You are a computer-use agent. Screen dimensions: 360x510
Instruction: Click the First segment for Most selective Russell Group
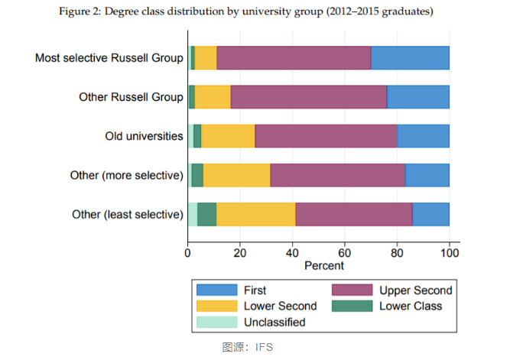pyautogui.click(x=410, y=58)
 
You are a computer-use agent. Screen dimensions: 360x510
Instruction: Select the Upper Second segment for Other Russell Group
pyautogui.click(x=308, y=97)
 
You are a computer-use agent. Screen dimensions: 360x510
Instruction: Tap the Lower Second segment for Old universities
pyautogui.click(x=228, y=136)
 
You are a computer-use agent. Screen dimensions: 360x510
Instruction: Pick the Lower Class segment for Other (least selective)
pyautogui.click(x=206, y=214)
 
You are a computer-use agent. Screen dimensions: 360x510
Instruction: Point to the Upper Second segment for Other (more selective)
pyautogui.click(x=337, y=175)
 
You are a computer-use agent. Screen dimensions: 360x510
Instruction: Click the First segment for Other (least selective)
pyautogui.click(x=430, y=214)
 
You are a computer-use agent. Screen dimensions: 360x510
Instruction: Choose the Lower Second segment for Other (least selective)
pyautogui.click(x=255, y=214)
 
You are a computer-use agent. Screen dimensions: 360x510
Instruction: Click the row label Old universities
pyautogui.click(x=144, y=136)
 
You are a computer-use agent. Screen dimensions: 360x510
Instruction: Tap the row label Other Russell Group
pyautogui.click(x=131, y=97)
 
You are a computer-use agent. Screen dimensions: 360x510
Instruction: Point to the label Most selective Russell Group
pyautogui.click(x=109, y=58)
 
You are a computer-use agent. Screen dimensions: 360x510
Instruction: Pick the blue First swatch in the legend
pyautogui.click(x=216, y=290)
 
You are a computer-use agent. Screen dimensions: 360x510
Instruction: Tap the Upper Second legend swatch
pyautogui.click(x=352, y=290)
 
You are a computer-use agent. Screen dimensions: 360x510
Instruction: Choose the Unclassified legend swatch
pyautogui.click(x=216, y=322)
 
